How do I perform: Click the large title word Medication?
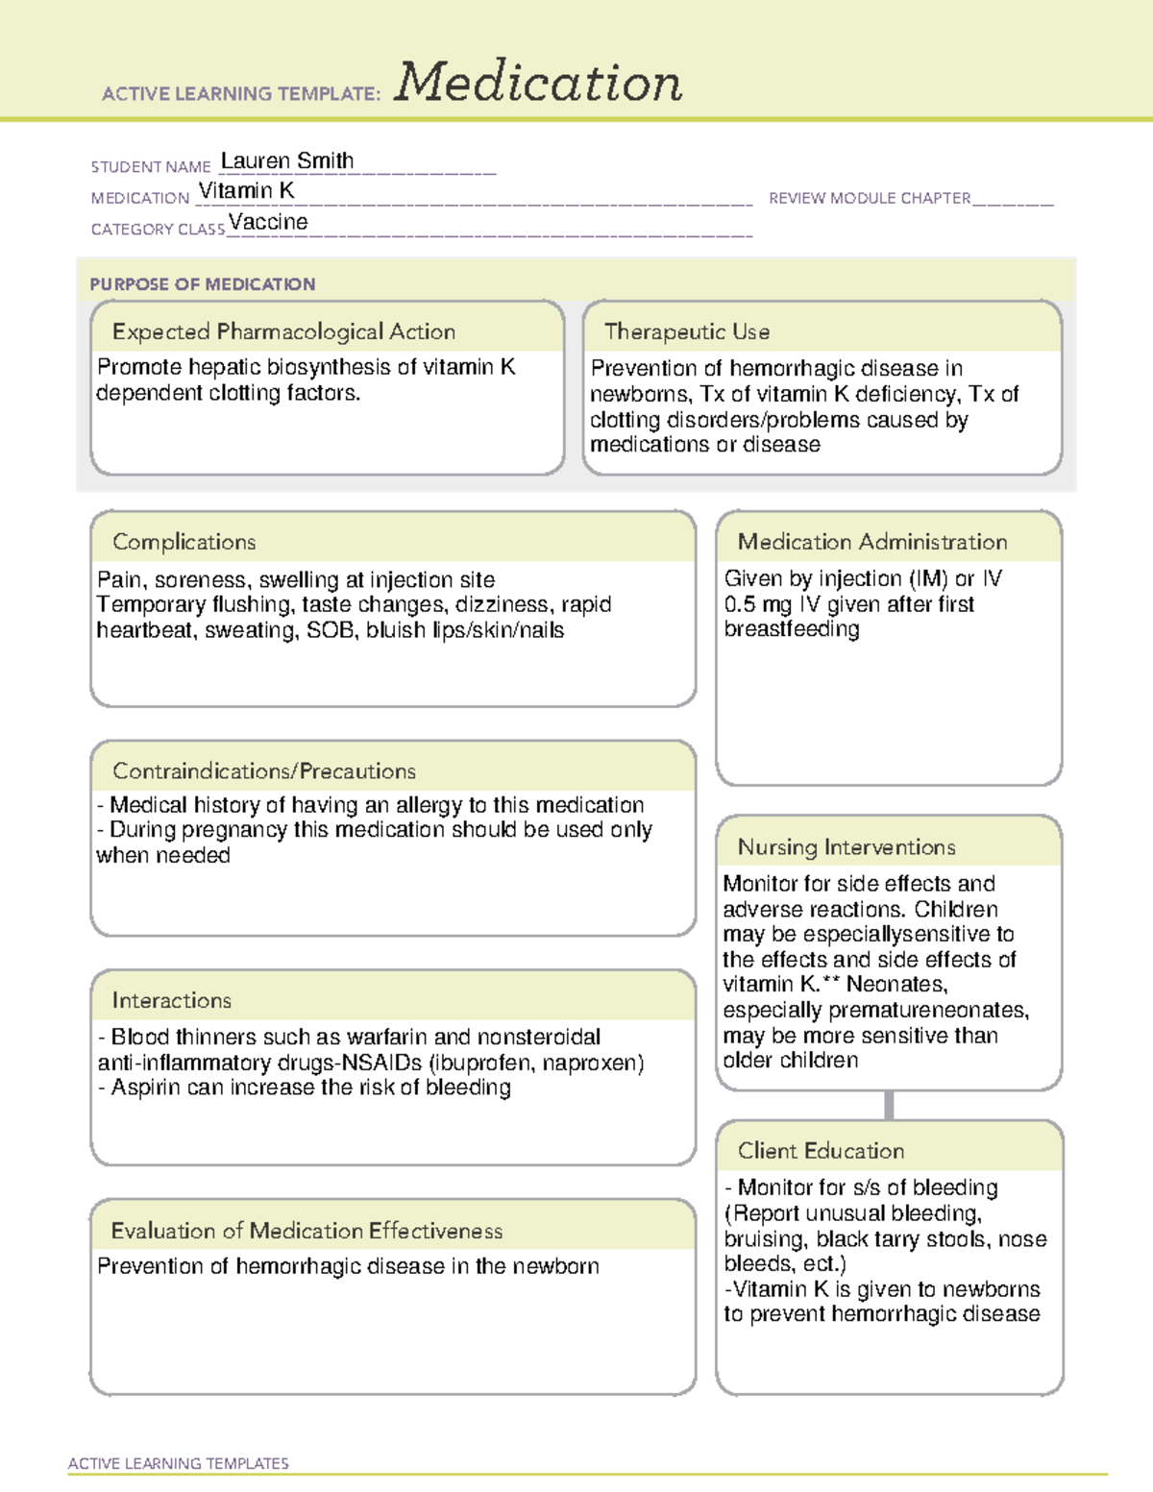(x=538, y=83)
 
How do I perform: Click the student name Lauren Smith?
(x=286, y=160)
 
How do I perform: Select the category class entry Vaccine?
(x=268, y=222)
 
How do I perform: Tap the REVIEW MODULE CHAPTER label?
(x=870, y=198)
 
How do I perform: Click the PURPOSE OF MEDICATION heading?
(x=202, y=284)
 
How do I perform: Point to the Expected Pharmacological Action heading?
(x=283, y=331)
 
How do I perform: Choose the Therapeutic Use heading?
(x=686, y=331)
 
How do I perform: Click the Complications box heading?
(x=184, y=542)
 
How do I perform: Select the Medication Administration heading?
(x=871, y=542)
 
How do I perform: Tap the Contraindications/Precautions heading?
(x=263, y=770)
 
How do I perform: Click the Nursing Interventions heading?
(x=846, y=846)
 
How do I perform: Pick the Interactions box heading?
(x=171, y=1000)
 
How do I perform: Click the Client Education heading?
(x=821, y=1150)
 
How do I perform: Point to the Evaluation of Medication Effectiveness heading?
(x=307, y=1231)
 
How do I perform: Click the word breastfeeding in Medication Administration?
(x=791, y=629)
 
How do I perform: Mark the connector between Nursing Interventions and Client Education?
(x=889, y=1105)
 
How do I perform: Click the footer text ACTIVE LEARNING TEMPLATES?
(x=178, y=1463)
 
